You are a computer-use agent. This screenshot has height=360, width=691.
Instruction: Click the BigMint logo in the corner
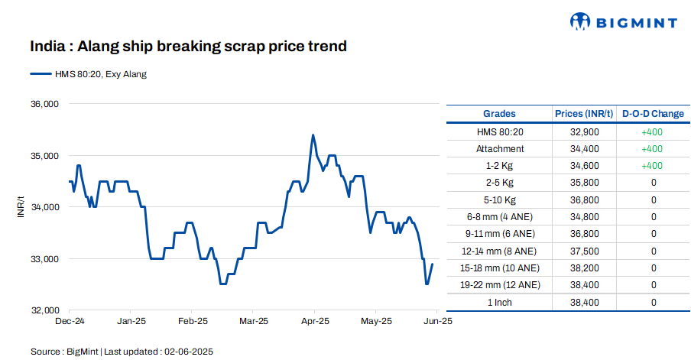pyautogui.click(x=623, y=22)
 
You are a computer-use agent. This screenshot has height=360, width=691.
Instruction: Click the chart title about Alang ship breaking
pyautogui.click(x=188, y=47)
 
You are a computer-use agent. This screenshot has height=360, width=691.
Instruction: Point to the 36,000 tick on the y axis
pyautogui.click(x=44, y=104)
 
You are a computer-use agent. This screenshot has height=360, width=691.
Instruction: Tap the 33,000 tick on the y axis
pyautogui.click(x=44, y=259)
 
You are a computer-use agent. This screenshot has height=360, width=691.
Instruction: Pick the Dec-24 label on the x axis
pyautogui.click(x=70, y=321)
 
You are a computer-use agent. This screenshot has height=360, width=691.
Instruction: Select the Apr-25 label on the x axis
pyautogui.click(x=314, y=321)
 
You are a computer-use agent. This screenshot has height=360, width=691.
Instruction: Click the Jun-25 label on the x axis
pyautogui.click(x=438, y=321)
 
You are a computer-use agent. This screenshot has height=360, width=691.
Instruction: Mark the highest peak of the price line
pyautogui.click(x=313, y=135)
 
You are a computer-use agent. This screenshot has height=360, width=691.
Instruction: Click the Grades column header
pyautogui.click(x=499, y=114)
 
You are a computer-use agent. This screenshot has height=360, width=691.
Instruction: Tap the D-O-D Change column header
pyautogui.click(x=653, y=114)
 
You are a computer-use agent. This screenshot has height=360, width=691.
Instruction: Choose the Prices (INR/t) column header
pyautogui.click(x=584, y=114)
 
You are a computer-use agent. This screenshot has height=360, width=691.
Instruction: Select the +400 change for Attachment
pyautogui.click(x=652, y=149)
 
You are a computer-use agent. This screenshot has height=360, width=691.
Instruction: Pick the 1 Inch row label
pyautogui.click(x=499, y=303)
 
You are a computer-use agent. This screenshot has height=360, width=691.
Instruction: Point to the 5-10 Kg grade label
pyautogui.click(x=499, y=199)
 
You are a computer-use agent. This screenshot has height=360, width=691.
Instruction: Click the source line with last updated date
pyautogui.click(x=122, y=352)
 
